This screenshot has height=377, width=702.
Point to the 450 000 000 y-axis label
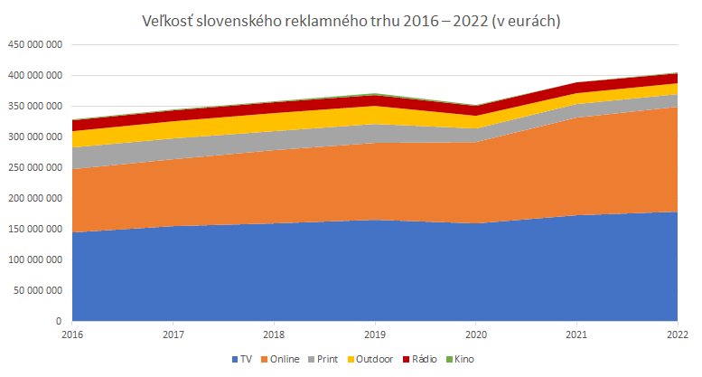(34, 44)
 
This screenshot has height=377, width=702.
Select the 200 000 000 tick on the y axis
(34, 198)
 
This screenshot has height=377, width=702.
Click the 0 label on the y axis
(59, 321)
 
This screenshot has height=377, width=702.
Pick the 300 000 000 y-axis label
(34, 137)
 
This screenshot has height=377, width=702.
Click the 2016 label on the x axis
(72, 335)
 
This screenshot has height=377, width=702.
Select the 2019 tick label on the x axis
(375, 335)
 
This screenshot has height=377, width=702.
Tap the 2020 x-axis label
(475, 335)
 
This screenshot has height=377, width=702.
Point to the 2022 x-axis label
(677, 335)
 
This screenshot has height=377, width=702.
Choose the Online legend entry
(282, 359)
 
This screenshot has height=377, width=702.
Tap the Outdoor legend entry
(372, 359)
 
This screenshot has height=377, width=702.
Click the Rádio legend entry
(421, 359)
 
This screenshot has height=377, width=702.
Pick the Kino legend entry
(462, 359)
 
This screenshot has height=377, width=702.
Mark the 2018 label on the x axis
(274, 335)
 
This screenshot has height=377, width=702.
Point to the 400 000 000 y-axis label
(34, 75)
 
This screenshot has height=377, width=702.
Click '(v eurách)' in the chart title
(528, 22)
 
